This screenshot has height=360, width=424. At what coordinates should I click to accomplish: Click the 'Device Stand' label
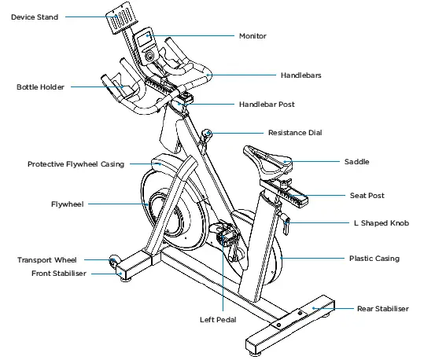pos(34,17)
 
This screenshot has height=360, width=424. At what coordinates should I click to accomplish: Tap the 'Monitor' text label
pos(253,36)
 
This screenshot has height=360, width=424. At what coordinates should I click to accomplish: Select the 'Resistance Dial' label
pos(295,133)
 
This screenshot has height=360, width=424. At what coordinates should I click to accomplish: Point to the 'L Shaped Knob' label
pos(382,223)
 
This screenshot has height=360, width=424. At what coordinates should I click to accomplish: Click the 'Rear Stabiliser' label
pos(382,309)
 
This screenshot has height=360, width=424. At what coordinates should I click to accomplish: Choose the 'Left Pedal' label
pos(218,320)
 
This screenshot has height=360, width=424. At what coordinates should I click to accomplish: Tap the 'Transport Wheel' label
pos(47,259)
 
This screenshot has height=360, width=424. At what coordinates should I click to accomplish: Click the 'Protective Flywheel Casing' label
pos(76,164)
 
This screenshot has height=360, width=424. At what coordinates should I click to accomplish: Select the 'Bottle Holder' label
pos(40,86)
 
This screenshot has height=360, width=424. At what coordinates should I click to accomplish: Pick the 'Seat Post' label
pos(367,195)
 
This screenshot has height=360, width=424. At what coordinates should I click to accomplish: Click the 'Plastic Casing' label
pos(374,258)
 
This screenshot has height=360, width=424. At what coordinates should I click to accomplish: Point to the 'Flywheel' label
pos(67,204)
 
